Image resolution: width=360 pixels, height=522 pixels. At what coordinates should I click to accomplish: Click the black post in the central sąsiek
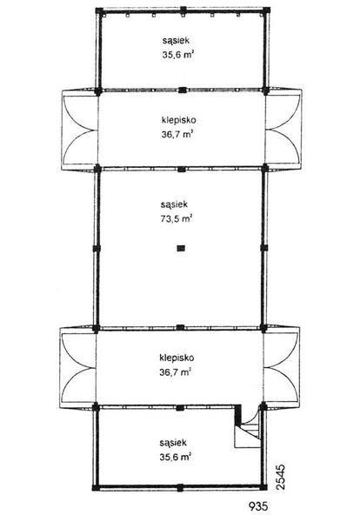point(180,250)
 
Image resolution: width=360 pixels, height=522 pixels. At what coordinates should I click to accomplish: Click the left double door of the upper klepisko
point(77,130)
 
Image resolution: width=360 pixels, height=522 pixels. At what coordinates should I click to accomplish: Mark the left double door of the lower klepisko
point(77,365)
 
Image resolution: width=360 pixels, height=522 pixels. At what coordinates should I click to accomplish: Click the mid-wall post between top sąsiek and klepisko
point(180,90)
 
